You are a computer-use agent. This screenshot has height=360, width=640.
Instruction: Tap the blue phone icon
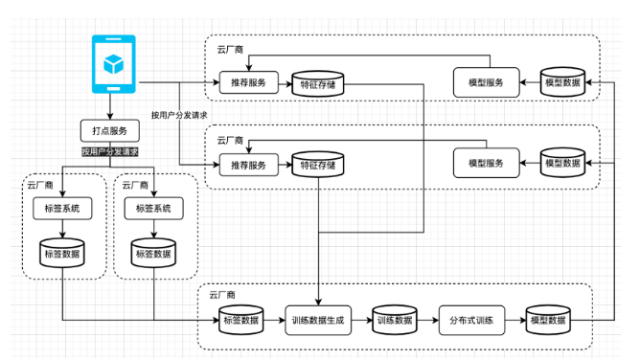click(113, 64)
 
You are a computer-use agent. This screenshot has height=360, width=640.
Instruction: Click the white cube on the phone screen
click(113, 64)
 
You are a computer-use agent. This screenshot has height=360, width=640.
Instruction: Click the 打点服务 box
click(110, 131)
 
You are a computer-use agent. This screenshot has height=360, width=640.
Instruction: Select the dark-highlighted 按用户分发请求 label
click(110, 152)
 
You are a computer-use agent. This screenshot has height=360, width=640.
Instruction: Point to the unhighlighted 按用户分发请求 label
click(179, 116)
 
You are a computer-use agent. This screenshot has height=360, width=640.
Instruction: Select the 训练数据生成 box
click(318, 321)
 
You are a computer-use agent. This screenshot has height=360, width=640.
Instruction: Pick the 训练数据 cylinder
click(395, 320)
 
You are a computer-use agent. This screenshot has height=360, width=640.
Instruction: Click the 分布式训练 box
click(471, 321)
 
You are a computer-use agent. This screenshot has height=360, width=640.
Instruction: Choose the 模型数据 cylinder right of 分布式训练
click(548, 320)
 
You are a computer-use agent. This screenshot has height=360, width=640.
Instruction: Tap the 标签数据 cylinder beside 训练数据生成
click(241, 320)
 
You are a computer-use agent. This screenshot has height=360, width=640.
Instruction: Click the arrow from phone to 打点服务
click(110, 106)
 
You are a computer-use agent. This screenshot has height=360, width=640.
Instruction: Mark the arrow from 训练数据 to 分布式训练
click(427, 321)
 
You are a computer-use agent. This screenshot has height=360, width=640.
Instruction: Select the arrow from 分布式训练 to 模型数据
click(515, 321)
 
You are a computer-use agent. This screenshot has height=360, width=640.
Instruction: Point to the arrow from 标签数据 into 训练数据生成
click(274, 321)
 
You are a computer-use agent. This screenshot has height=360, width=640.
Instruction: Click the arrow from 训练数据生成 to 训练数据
click(362, 321)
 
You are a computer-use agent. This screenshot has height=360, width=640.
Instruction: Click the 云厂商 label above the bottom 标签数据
click(222, 295)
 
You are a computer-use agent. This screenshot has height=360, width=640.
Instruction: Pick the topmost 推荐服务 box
click(248, 82)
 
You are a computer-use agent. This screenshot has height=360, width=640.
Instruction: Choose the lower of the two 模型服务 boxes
click(486, 163)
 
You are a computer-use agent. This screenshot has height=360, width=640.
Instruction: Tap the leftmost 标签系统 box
click(62, 209)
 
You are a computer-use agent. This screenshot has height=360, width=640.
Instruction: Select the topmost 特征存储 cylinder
click(318, 84)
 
